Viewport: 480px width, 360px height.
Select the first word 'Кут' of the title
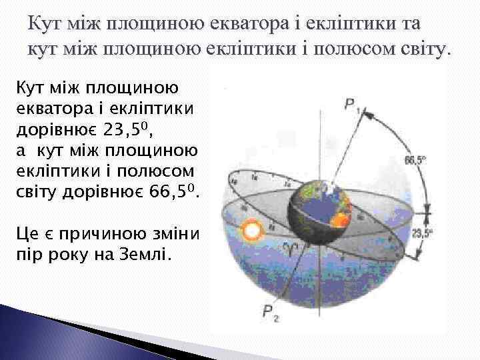pyautogui.click(x=45, y=26)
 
